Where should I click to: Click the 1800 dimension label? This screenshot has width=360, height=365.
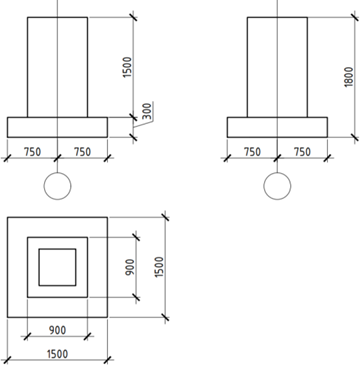click(348, 77)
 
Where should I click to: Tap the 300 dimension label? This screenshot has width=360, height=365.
click(147, 111)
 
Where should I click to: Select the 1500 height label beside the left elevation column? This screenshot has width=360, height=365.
click(128, 67)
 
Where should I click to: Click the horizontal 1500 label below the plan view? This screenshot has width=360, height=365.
click(58, 354)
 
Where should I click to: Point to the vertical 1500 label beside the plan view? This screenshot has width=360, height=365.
click(160, 267)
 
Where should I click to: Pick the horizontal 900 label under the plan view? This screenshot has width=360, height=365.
click(57, 330)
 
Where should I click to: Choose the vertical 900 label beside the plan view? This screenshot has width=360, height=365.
click(130, 267)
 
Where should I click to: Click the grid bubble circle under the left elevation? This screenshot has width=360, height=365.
click(57, 186)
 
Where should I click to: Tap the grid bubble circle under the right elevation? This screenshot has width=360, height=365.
click(277, 186)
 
